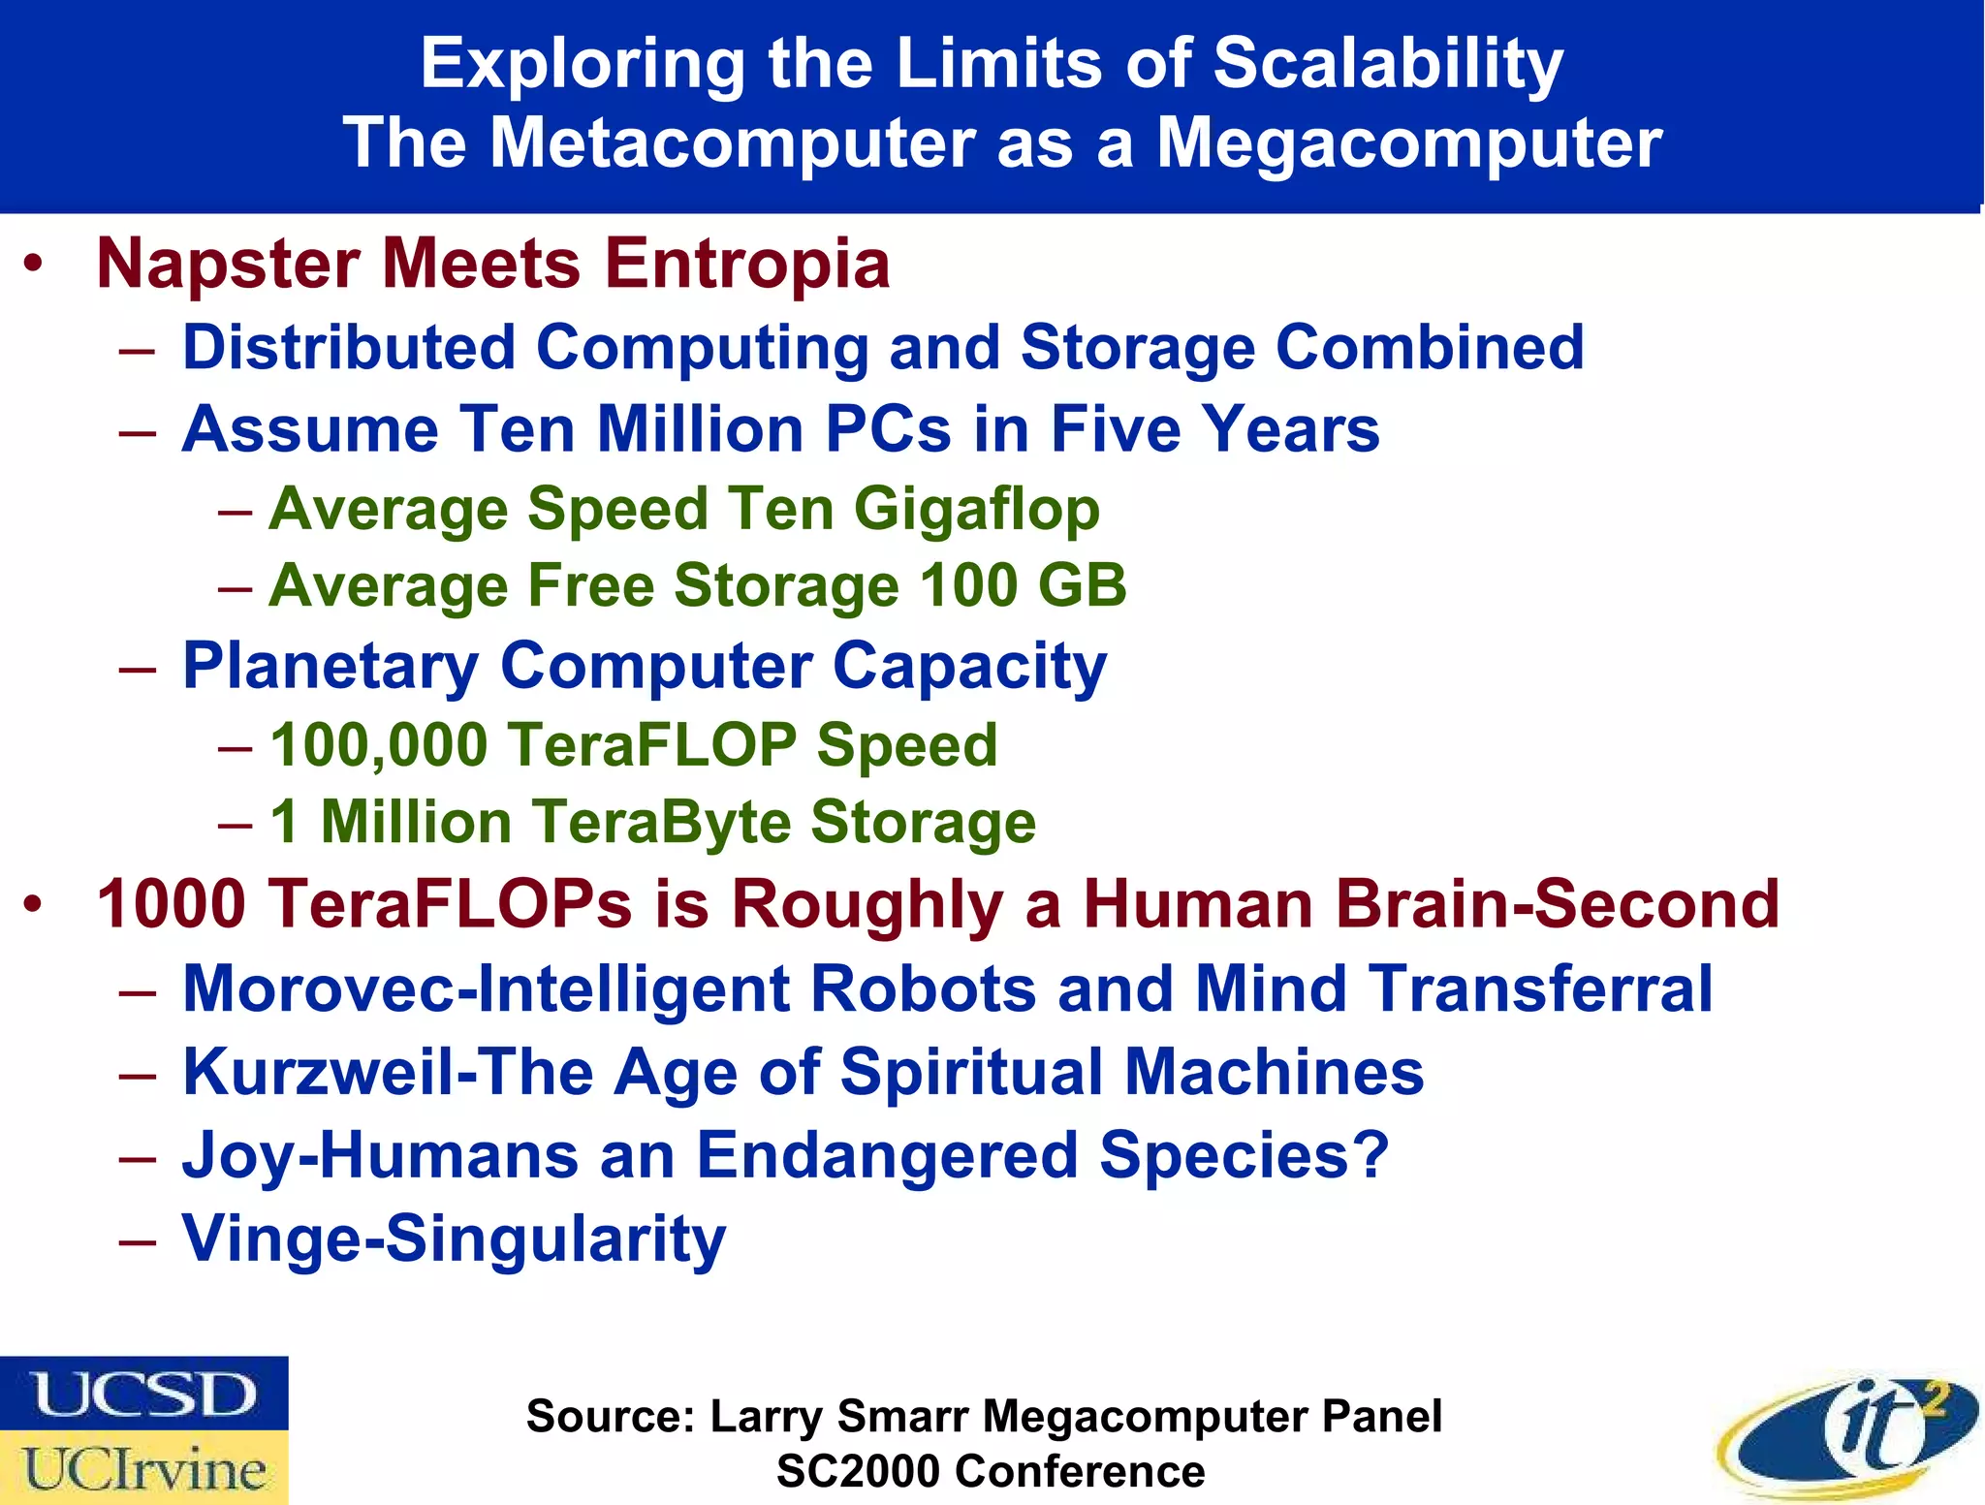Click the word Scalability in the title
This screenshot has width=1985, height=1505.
click(1387, 64)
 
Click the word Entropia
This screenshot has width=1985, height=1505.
click(747, 265)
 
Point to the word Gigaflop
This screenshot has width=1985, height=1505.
click(976, 511)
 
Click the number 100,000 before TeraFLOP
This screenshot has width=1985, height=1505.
click(378, 745)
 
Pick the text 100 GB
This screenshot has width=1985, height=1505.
click(1023, 586)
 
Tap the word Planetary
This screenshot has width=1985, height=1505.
click(331, 667)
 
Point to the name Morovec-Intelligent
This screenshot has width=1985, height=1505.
click(487, 988)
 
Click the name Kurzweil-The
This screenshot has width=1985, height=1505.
click(388, 1073)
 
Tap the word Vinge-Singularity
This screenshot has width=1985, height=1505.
click(454, 1239)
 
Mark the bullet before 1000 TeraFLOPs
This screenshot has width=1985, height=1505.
click(34, 904)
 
